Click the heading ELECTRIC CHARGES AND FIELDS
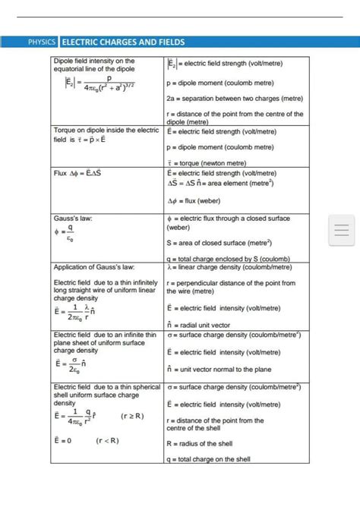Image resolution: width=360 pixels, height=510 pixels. [x=122, y=42]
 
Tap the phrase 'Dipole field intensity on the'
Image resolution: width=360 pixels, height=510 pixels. [x=94, y=61]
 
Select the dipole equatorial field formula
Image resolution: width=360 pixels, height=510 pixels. [x=94, y=90]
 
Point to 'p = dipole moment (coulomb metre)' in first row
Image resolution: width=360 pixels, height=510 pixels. [x=220, y=83]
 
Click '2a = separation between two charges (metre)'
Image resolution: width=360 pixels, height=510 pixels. [x=234, y=99]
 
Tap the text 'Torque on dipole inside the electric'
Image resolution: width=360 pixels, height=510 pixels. [x=106, y=131]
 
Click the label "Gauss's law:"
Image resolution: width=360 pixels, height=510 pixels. [x=74, y=219]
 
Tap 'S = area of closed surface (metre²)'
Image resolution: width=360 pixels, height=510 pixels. [x=221, y=243]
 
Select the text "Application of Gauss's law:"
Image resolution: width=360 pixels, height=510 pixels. [x=94, y=267]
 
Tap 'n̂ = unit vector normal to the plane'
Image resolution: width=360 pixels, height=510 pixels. [x=219, y=369]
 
